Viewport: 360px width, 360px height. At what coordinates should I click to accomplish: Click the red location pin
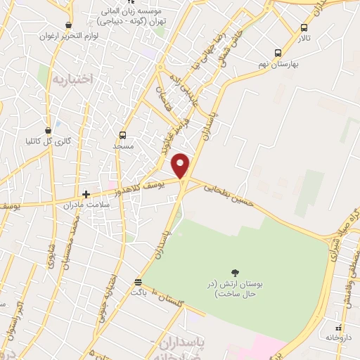(x=181, y=165)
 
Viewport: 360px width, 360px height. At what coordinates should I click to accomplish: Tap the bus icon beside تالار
(x=304, y=28)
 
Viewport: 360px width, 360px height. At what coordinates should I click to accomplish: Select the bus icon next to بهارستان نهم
(x=278, y=53)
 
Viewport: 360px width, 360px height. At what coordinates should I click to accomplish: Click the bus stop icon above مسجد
(x=123, y=135)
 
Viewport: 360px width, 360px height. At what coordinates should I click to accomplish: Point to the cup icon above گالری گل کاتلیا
(x=48, y=131)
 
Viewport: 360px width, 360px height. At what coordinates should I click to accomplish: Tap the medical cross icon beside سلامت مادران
(x=86, y=194)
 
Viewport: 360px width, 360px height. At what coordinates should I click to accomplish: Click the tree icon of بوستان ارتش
(x=234, y=273)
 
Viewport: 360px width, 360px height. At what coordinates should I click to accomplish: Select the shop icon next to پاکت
(x=139, y=283)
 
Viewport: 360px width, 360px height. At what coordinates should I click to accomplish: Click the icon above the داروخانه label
(x=340, y=328)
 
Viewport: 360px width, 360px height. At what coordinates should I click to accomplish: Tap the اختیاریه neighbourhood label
(x=72, y=79)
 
